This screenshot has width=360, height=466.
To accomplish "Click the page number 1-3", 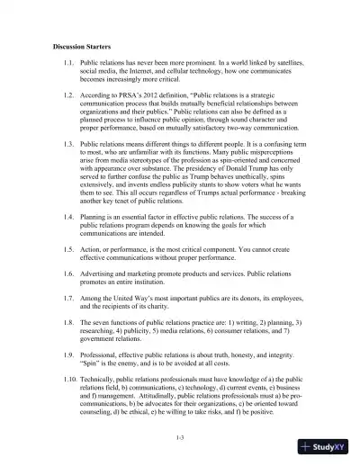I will coord(180,436).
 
